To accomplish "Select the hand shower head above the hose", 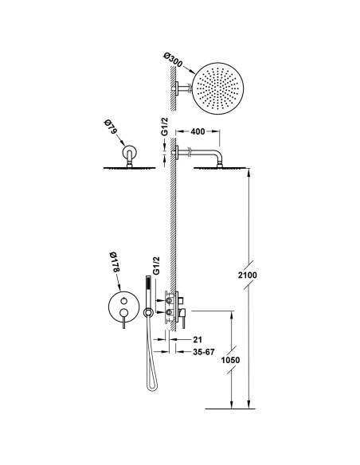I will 147,290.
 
